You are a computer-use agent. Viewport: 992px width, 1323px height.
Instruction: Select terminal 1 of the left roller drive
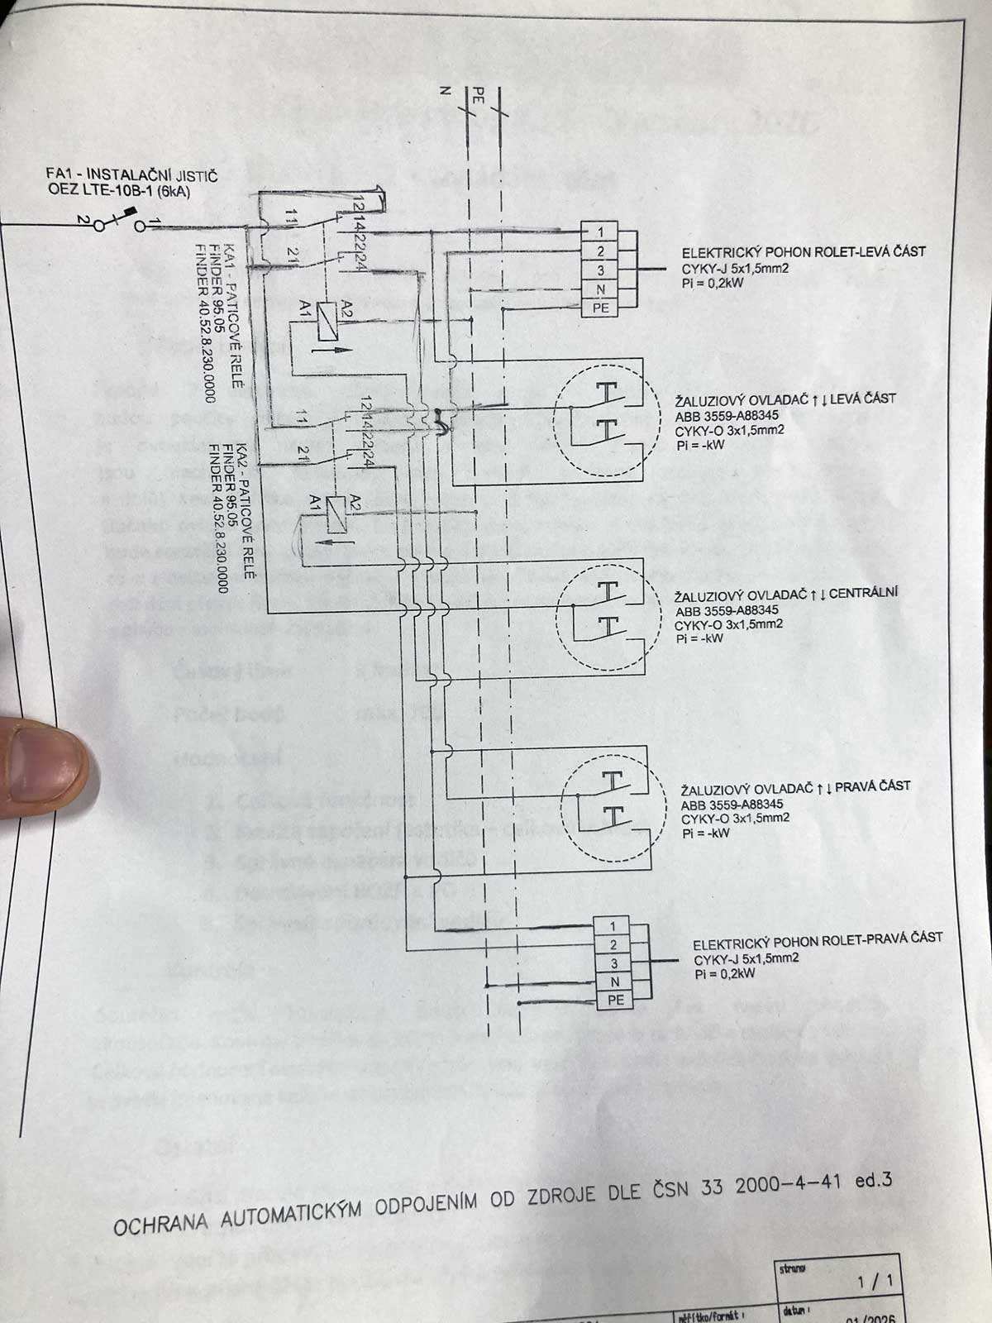pyautogui.click(x=601, y=232)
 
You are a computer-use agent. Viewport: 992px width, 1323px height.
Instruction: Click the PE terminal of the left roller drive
pyautogui.click(x=601, y=308)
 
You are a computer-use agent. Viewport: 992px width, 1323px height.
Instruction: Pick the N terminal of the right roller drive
pyautogui.click(x=614, y=982)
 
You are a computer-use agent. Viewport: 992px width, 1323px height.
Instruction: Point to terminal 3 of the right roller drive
pyautogui.click(x=614, y=963)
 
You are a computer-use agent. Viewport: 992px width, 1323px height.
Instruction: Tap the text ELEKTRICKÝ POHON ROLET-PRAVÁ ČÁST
pyautogui.click(x=817, y=939)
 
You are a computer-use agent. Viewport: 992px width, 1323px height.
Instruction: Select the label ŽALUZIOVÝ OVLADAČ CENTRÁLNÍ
pyautogui.click(x=786, y=594)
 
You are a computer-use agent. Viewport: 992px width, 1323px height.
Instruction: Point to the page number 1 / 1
pyautogui.click(x=876, y=1282)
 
